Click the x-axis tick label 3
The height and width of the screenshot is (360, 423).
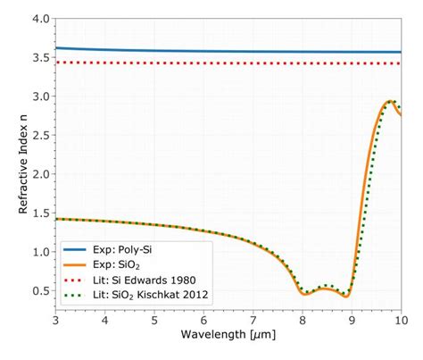point(55,319)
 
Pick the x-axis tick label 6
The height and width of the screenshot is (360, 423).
point(203,319)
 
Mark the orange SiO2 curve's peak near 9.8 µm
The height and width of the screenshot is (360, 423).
point(390,102)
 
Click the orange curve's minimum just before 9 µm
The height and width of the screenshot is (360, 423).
point(346,295)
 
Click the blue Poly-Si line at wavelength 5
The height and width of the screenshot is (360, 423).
point(154,50)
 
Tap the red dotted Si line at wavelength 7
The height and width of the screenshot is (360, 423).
point(253,63)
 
